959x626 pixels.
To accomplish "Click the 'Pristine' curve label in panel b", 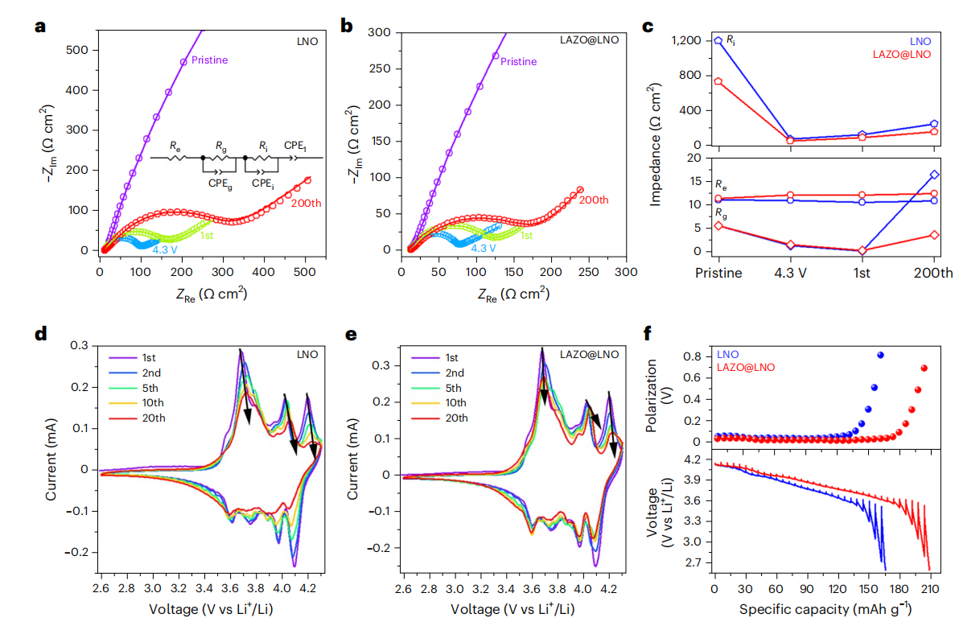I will point(518,61).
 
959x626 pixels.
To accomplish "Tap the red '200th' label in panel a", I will point(306,203).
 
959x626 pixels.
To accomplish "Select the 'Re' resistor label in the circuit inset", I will point(175,146).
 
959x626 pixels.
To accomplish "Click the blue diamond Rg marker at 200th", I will point(934,175).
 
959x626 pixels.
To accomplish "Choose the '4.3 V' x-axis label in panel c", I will point(790,273).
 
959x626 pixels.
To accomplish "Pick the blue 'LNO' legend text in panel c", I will point(920,40).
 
